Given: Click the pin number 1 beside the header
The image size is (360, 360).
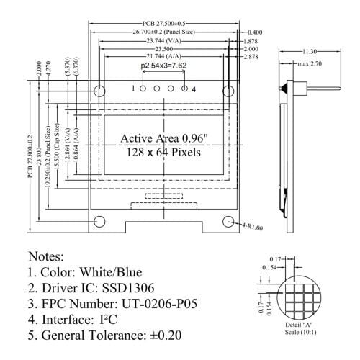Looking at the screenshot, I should click(133, 89).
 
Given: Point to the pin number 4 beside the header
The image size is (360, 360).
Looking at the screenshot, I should click(194, 89).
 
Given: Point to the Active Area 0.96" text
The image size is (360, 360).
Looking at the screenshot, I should click(165, 138).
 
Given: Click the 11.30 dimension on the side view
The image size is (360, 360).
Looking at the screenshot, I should click(309, 52).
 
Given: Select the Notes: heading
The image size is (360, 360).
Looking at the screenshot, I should click(46, 256).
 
